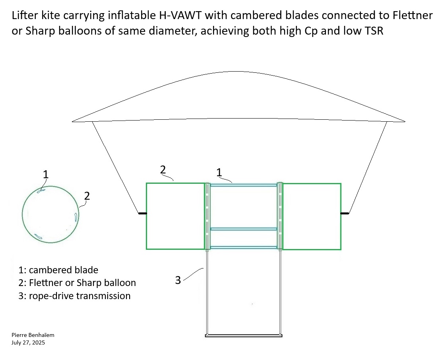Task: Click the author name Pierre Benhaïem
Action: (33, 335)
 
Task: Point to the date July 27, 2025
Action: (28, 342)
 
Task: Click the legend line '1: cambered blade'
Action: (58, 270)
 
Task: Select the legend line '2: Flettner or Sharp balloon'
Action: (77, 283)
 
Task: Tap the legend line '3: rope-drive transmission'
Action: (74, 296)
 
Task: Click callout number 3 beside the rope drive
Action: (178, 280)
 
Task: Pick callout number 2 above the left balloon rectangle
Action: (163, 169)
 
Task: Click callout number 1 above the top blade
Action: (219, 172)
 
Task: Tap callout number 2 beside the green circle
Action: (87, 195)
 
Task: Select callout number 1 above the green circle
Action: (46, 174)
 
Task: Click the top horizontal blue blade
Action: (243, 185)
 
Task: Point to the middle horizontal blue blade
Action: (243, 229)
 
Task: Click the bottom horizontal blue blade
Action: (243, 247)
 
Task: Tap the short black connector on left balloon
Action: (142, 214)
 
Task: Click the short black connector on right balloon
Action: (345, 214)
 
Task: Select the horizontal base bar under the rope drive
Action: (244, 336)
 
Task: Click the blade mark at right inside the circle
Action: (76, 216)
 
